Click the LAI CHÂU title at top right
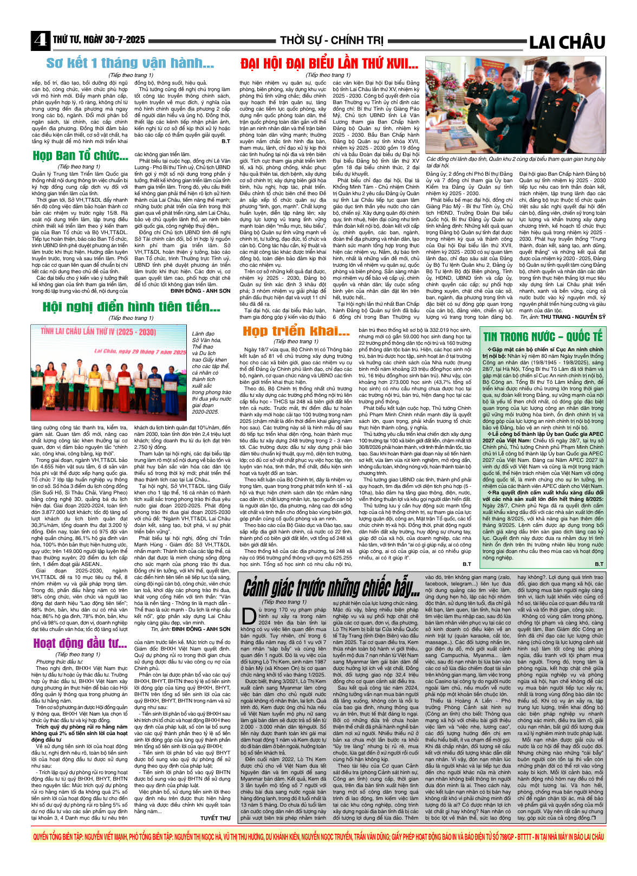[567, 42]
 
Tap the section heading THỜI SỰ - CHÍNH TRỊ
[331, 41]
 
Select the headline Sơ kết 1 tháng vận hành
[130, 63]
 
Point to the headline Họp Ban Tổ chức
[80, 156]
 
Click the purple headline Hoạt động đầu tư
[80, 643]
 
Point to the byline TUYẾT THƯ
[215, 818]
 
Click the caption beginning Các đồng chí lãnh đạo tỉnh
[515, 162]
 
